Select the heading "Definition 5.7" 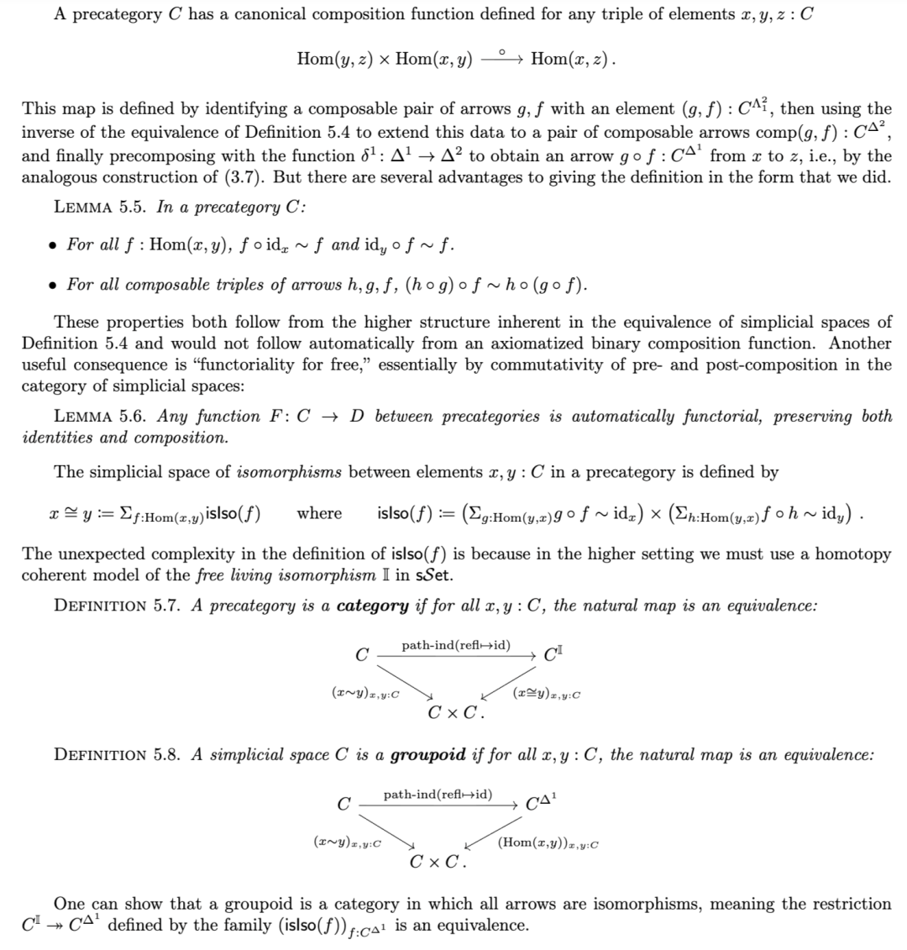tap(118, 606)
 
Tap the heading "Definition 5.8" tap(118, 753)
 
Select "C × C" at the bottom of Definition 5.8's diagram tap(439, 862)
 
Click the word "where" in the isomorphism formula tap(319, 513)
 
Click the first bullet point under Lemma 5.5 tap(53, 245)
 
